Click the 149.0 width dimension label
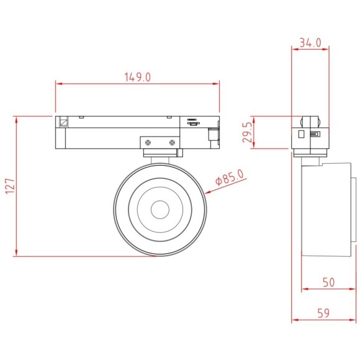[x=138, y=77]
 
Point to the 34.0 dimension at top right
[x=310, y=43]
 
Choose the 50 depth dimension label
[x=328, y=282]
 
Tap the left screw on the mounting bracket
[x=149, y=143]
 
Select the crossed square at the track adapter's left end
[x=63, y=122]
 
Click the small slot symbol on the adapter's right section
[x=192, y=122]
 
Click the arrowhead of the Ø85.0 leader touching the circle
[x=205, y=193]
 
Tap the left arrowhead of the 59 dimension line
[x=294, y=321]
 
